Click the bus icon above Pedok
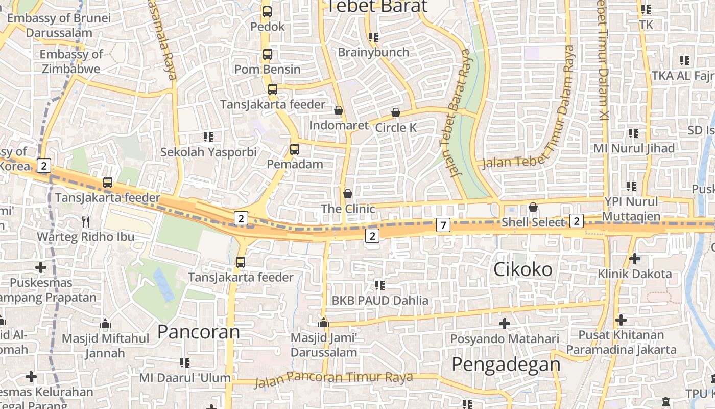[267, 11]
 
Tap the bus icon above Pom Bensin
[267, 54]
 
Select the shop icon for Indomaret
[338, 110]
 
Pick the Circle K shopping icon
[396, 112]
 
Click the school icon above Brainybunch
[373, 37]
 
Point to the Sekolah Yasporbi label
[208, 152]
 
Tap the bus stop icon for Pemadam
[294, 149]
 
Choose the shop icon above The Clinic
[348, 194]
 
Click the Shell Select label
[533, 222]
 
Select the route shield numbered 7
[443, 224]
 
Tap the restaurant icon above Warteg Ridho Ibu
[86, 221]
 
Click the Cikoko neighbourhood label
[522, 269]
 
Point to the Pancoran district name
[198, 332]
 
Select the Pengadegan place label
[506, 364]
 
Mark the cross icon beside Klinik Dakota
[635, 259]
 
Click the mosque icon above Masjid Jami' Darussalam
[323, 323]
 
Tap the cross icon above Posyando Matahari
[505, 324]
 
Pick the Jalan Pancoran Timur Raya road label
[333, 378]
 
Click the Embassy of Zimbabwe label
[71, 61]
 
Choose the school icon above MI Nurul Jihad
[634, 133]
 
